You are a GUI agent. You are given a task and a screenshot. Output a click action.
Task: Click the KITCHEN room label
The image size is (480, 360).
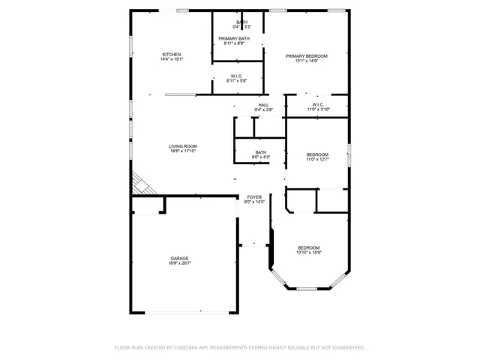point(172,55)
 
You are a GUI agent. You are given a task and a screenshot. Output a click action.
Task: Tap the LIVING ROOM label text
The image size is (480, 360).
point(182,146)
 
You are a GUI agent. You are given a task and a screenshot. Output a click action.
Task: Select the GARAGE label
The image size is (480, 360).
point(178,258)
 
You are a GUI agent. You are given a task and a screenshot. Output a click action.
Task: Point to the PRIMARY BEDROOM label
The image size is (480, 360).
point(306,56)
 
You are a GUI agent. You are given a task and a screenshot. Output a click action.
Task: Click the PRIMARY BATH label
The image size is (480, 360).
point(234,39)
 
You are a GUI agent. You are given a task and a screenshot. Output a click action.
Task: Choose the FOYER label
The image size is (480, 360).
point(254,196)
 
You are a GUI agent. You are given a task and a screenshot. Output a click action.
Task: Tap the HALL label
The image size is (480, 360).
point(263,105)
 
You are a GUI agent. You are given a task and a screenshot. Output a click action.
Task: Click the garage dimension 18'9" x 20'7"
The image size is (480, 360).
point(178,263)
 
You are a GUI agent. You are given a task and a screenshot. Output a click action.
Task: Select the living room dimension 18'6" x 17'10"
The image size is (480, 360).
point(182,151)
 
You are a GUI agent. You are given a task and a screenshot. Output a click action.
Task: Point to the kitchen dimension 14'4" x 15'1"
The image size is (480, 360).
point(172,60)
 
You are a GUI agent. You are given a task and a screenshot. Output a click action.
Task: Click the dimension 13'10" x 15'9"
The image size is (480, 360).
point(308,253)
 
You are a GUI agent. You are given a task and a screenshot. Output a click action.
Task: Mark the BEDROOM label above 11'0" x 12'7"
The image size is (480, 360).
point(317,154)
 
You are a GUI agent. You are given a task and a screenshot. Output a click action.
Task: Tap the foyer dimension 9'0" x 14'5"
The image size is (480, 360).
point(254,202)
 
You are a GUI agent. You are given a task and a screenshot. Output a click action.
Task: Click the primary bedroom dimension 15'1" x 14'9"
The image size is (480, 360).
point(306,61)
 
